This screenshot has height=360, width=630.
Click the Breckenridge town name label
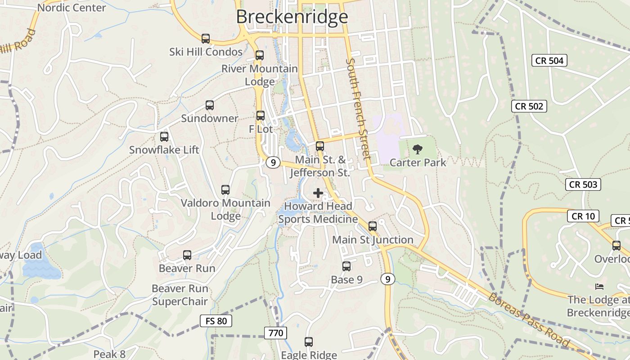292,17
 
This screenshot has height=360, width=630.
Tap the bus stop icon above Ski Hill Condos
206,39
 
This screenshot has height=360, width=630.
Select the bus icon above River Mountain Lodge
260,55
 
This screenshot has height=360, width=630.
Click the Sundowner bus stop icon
210,105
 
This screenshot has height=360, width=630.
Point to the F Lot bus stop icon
261,116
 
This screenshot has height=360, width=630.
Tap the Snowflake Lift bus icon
164,137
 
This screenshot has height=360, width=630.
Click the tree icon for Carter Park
418,149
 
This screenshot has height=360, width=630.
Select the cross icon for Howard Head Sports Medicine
318,193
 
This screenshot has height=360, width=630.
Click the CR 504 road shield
549,60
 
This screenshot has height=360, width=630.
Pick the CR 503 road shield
583,184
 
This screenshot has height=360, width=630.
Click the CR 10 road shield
583,216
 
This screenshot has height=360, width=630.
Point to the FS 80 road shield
216,321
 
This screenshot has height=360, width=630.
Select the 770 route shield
275,333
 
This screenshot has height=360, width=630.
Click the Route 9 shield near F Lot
273,162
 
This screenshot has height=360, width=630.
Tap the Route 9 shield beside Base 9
387,279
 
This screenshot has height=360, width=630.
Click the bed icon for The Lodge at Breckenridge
599,286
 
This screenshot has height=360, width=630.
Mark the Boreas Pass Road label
529,320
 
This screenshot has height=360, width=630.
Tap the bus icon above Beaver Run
187,255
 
